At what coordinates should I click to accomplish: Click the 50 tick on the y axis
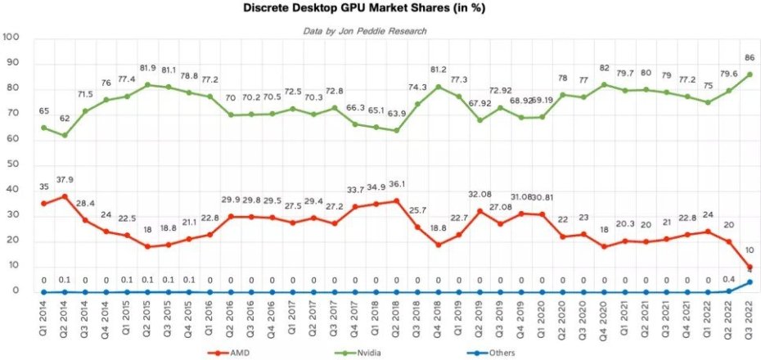coord(14,164)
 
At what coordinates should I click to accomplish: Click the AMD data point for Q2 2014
coord(64,196)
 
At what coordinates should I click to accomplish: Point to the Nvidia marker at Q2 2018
coord(397,130)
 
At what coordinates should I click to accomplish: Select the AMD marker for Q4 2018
coord(439,245)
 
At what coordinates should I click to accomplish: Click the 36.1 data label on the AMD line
coord(397,184)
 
